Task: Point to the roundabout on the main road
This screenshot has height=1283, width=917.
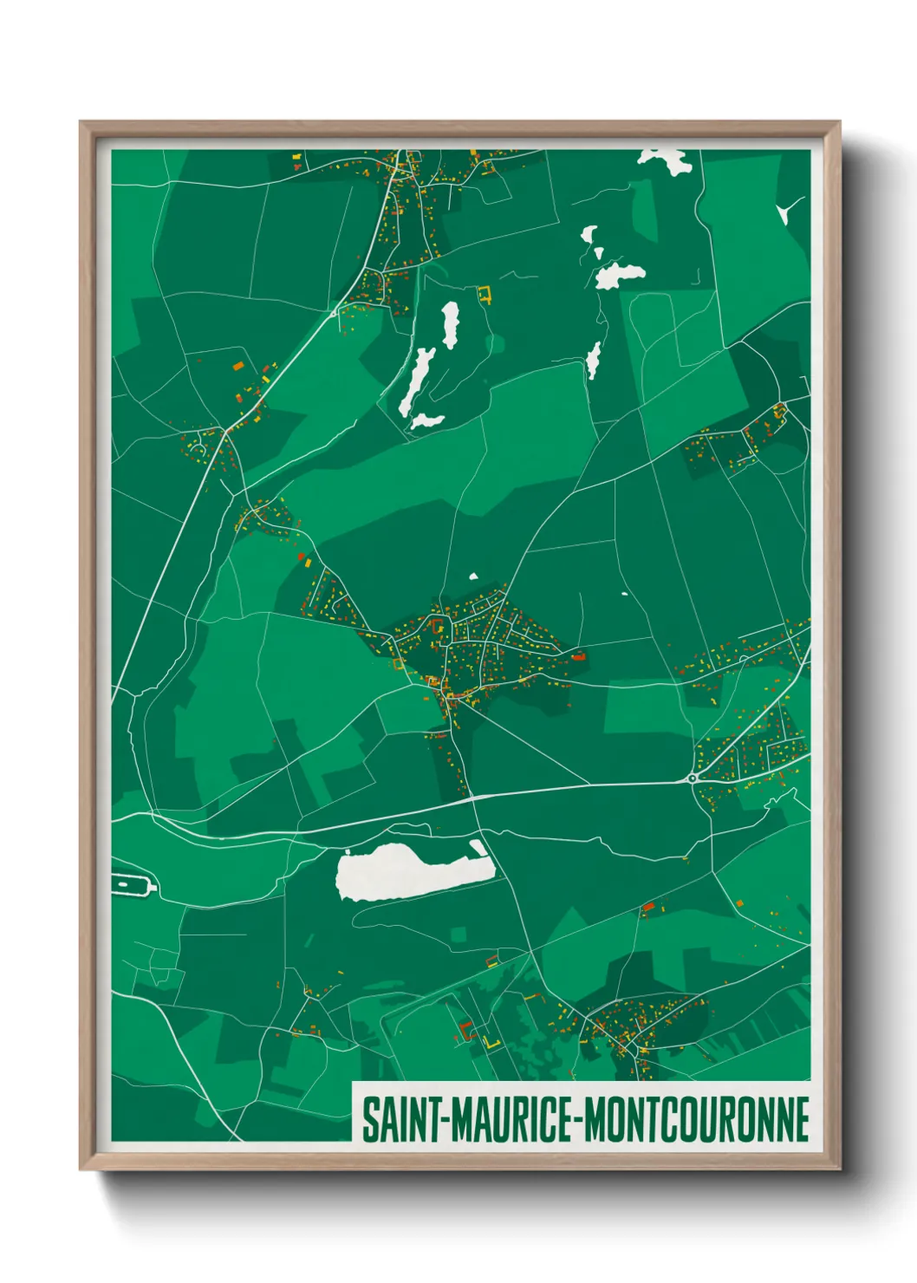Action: [x=693, y=778]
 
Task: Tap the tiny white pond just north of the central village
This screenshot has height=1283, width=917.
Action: [x=473, y=576]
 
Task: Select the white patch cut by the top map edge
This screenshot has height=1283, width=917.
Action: [x=664, y=159]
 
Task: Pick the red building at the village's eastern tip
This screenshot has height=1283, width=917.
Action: [x=578, y=656]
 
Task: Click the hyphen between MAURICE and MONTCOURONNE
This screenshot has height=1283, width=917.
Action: [x=577, y=1121]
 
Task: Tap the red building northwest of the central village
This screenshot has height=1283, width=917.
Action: [x=302, y=556]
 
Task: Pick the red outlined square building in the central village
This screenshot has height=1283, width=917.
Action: [x=438, y=624]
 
